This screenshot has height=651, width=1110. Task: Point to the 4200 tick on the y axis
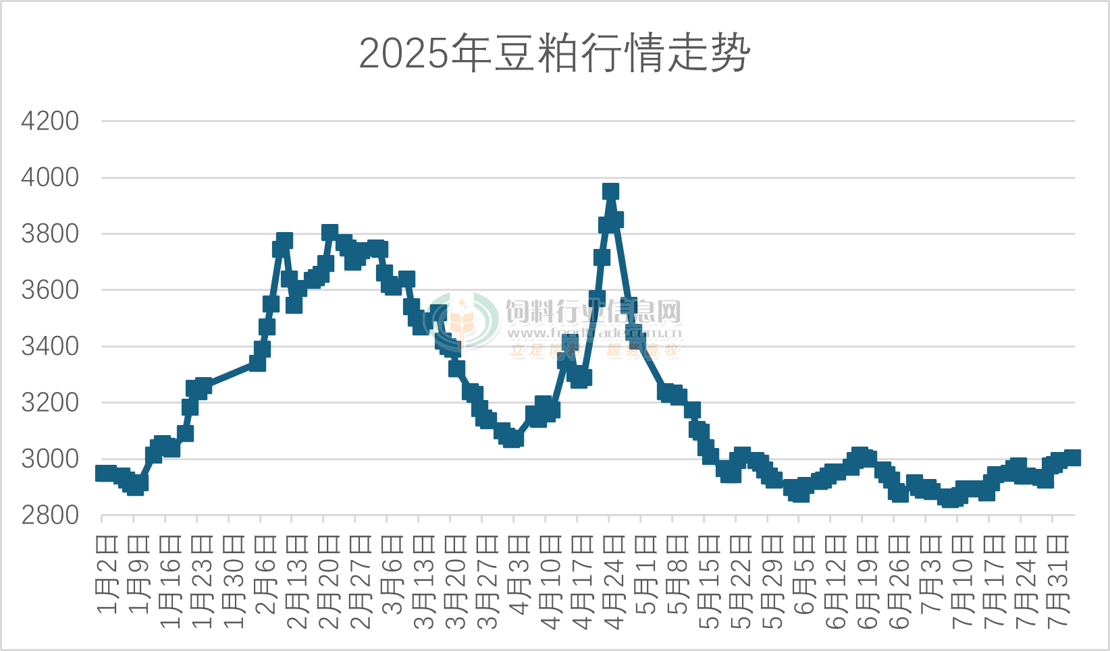point(50,121)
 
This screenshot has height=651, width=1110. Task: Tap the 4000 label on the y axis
point(50,177)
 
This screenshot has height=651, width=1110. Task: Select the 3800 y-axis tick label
point(50,234)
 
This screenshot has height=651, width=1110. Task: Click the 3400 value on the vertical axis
point(50,347)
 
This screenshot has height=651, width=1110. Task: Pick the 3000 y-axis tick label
point(50,459)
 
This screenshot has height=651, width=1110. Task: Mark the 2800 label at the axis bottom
point(50,515)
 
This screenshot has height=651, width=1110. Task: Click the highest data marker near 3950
point(610,192)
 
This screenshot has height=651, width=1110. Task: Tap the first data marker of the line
point(103,473)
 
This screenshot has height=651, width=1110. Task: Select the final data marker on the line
point(1072,457)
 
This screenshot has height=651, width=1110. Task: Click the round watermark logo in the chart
point(465,321)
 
